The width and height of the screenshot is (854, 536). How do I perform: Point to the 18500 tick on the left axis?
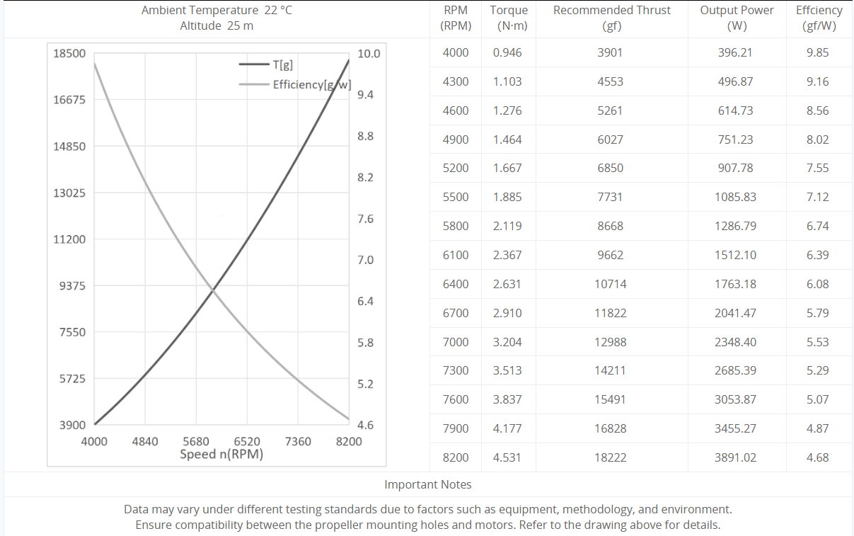coord(69,53)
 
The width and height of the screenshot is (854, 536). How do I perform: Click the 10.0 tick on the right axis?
coord(369,54)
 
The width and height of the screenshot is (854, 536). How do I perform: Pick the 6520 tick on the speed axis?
coord(247,442)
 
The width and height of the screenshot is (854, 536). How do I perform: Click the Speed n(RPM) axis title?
coord(221,455)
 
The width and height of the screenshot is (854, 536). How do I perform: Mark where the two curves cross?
coord(212,290)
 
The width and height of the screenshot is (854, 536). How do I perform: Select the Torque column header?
coord(508,18)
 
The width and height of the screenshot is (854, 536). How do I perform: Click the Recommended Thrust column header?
coord(611,18)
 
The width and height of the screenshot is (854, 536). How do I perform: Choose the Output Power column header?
coord(737,18)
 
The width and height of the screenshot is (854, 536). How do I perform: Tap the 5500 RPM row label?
coord(456,197)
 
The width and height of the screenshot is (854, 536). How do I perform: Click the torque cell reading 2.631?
coord(507,284)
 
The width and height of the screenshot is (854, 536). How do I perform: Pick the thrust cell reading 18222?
coord(610,457)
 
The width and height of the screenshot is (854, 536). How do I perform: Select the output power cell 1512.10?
coord(736,255)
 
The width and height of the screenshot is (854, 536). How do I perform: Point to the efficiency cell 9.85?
coord(817,52)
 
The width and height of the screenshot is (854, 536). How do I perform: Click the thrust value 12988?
coord(610,342)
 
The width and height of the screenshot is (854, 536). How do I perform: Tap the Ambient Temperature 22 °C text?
coord(217,11)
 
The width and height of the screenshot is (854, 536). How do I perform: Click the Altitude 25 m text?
coord(217,26)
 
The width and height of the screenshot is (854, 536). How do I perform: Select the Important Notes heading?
coord(428,484)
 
